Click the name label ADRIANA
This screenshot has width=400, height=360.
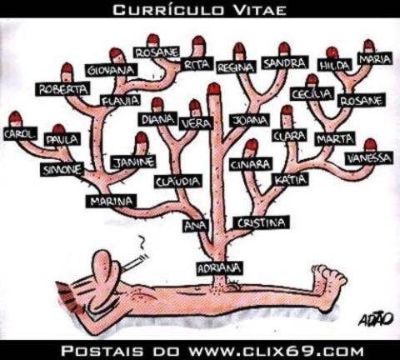[219, 268]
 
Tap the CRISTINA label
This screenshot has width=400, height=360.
[261, 222]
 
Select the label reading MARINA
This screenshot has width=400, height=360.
[111, 201]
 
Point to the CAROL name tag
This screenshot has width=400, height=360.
[20, 133]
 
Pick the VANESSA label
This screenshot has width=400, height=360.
[369, 158]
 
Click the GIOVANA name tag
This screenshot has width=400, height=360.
[111, 70]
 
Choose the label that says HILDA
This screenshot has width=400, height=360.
[334, 66]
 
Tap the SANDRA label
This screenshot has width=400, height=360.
[284, 63]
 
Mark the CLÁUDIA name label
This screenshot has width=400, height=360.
[178, 182]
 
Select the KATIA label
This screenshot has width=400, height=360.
[291, 180]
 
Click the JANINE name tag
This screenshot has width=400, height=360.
[133, 162]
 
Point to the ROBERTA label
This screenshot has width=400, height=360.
[63, 89]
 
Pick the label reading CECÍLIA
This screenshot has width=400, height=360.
[312, 94]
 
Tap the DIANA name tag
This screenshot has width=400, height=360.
[158, 119]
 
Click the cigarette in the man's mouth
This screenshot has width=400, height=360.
[135, 262]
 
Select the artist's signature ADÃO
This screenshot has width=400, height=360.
[376, 319]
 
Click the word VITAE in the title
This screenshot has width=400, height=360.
[259, 10]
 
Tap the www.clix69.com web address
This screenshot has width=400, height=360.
[276, 351]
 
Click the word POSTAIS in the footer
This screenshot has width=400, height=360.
[102, 351]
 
